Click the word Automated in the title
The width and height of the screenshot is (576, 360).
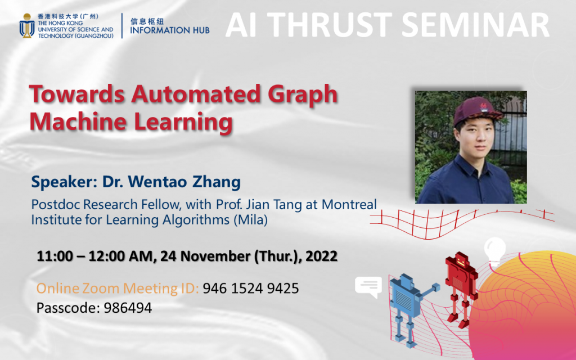pos(204,95)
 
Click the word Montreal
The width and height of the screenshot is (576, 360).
pos(348,204)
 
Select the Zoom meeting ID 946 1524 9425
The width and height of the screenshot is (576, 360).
pos(250,289)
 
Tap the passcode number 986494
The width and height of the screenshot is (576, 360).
pos(128,308)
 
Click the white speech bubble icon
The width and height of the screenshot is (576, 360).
pos(368,287)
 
